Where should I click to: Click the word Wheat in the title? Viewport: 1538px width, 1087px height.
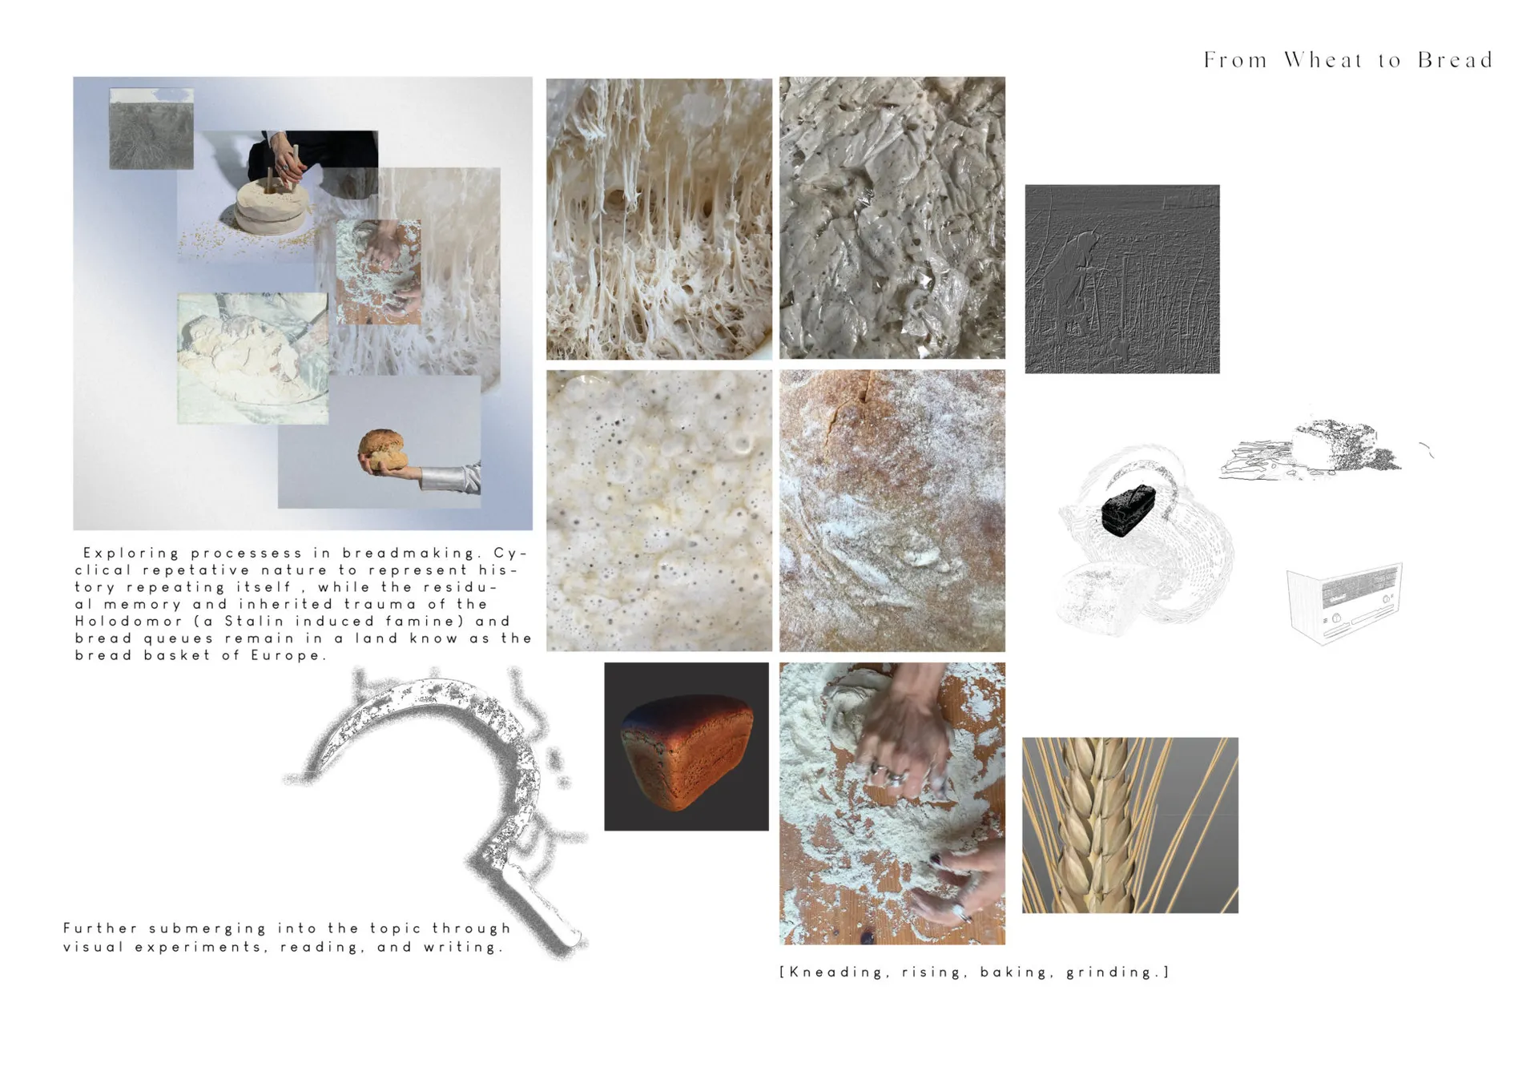click(x=1323, y=60)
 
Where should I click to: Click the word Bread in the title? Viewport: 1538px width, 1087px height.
click(x=1455, y=60)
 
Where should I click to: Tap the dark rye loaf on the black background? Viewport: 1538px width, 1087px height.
click(x=686, y=751)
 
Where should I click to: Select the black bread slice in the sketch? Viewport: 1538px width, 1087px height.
click(x=1129, y=510)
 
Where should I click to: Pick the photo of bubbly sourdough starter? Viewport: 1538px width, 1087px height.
click(x=659, y=510)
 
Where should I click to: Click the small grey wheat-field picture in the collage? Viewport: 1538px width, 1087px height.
click(x=151, y=129)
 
